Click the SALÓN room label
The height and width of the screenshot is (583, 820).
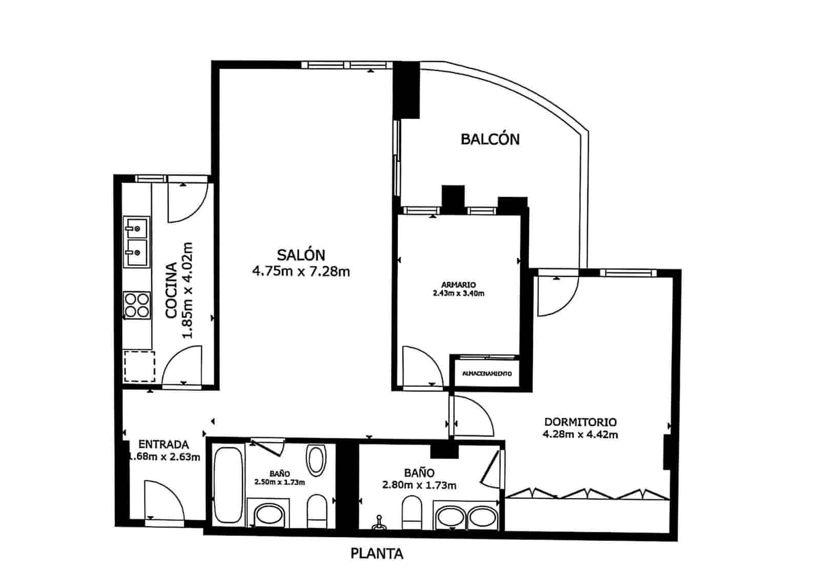pos(301,254)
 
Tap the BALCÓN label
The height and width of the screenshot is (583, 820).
pos(490,139)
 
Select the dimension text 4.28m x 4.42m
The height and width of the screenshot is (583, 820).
pos(580,435)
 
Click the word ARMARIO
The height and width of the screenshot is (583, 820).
pos(458,285)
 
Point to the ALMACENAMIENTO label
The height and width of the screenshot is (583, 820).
pos(487,374)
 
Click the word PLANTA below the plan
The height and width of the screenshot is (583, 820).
pos(377,554)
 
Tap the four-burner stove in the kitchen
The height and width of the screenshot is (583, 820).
pos(137,305)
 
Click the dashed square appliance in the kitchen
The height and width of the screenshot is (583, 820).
pos(139,366)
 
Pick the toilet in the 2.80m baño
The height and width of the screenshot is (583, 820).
pos(412,512)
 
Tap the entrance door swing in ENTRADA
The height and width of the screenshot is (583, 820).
pos(163,499)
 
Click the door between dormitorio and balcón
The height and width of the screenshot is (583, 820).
pos(557,297)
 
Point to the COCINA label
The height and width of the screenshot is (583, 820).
pos(172,290)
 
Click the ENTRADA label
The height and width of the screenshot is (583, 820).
pos(163,445)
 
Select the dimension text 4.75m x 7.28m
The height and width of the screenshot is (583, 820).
pos(301,271)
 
